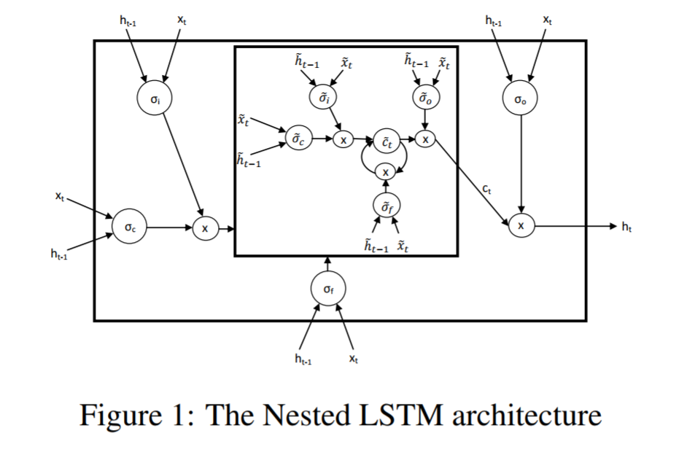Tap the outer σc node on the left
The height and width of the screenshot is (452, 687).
tap(128, 228)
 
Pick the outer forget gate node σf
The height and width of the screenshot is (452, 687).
tap(327, 289)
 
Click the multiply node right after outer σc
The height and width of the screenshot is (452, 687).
tap(205, 229)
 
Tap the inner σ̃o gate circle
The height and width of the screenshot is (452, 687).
tap(426, 97)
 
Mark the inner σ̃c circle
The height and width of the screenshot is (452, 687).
tap(297, 139)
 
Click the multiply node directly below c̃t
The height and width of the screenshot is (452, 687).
tap(386, 171)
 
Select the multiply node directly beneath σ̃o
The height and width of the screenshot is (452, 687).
tap(427, 139)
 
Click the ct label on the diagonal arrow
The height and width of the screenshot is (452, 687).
tap(486, 190)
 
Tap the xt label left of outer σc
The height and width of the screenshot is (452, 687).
tap(60, 196)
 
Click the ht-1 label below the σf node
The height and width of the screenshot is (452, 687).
tap(302, 358)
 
